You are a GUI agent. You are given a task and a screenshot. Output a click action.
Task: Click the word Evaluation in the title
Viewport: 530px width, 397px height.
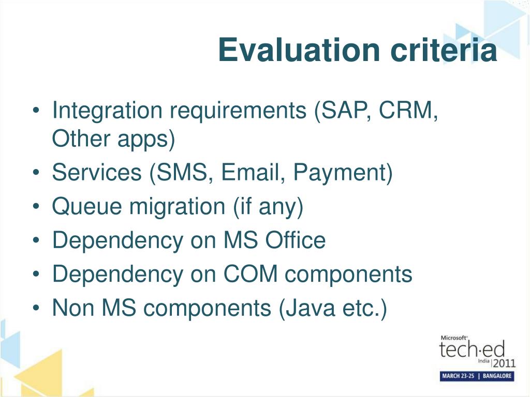pyautogui.click(x=299, y=50)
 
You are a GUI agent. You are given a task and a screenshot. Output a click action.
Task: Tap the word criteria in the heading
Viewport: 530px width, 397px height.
pyautogui.click(x=444, y=50)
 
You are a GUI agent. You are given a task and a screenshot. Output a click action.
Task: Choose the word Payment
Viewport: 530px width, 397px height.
pyautogui.click(x=340, y=173)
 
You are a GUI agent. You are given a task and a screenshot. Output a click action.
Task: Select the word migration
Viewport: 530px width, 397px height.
pyautogui.click(x=178, y=207)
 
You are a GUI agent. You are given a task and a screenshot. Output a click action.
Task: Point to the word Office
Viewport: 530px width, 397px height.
pyautogui.click(x=295, y=240)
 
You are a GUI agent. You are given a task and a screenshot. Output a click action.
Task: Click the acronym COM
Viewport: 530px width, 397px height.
pyautogui.click(x=251, y=274)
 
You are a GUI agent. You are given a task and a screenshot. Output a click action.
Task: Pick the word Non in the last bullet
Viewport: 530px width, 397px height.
pyautogui.click(x=73, y=308)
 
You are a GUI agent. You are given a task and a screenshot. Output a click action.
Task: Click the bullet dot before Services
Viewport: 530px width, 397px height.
pyautogui.click(x=36, y=173)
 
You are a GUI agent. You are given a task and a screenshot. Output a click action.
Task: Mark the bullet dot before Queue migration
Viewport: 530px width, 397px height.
pyautogui.click(x=36, y=206)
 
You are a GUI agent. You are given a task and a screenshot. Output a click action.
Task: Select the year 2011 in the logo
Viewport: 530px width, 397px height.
pyautogui.click(x=504, y=363)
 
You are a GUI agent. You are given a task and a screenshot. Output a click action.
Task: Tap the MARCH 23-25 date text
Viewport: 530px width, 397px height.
pyautogui.click(x=458, y=376)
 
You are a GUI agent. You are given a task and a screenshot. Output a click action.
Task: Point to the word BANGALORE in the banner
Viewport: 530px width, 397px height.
pyautogui.click(x=497, y=376)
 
